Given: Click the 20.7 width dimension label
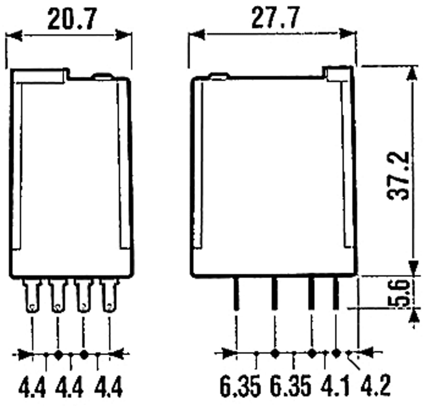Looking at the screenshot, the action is (72, 19).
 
